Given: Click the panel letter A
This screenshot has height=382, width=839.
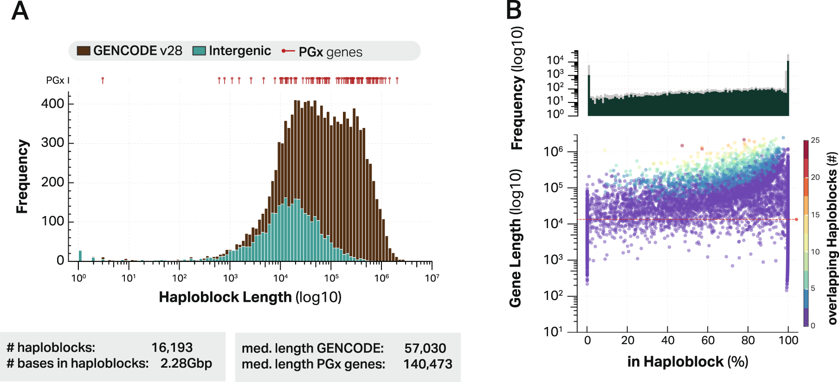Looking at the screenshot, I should point(20,11).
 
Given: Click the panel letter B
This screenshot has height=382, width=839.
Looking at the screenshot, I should point(514,10).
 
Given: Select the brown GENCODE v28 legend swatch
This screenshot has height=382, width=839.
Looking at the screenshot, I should point(84,51).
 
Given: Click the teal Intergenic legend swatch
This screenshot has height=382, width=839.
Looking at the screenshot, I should point(199,51).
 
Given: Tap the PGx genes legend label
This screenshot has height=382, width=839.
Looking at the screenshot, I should point(330,52).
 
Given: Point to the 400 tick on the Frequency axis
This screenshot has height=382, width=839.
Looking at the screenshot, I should point(52,103).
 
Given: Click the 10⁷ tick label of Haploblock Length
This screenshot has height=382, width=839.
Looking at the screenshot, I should point(432,278).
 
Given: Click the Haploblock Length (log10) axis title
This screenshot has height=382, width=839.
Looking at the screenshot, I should point(250,297).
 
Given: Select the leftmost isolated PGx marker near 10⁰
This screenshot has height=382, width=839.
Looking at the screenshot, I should point(103,80).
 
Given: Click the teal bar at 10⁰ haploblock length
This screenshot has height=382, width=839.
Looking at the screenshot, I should point(80,256).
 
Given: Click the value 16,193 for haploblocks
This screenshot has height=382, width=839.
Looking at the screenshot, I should point(172,347).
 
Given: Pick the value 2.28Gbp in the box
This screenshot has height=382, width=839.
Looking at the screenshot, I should point(186,363).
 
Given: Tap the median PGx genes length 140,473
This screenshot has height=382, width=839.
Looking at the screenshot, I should point(427,364).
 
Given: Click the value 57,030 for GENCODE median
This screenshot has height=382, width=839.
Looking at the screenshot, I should point(425,348).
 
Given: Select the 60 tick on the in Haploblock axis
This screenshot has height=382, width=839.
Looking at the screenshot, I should point(708,340).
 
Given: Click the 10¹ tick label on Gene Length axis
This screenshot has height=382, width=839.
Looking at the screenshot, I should point(554,331).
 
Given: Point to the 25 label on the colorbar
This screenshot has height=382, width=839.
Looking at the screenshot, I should point(815,140).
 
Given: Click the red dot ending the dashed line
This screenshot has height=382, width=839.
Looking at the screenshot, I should point(796,219).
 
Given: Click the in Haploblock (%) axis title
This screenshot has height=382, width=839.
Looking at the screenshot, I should point(687,362).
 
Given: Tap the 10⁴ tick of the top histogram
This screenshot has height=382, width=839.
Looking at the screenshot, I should point(555,60).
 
